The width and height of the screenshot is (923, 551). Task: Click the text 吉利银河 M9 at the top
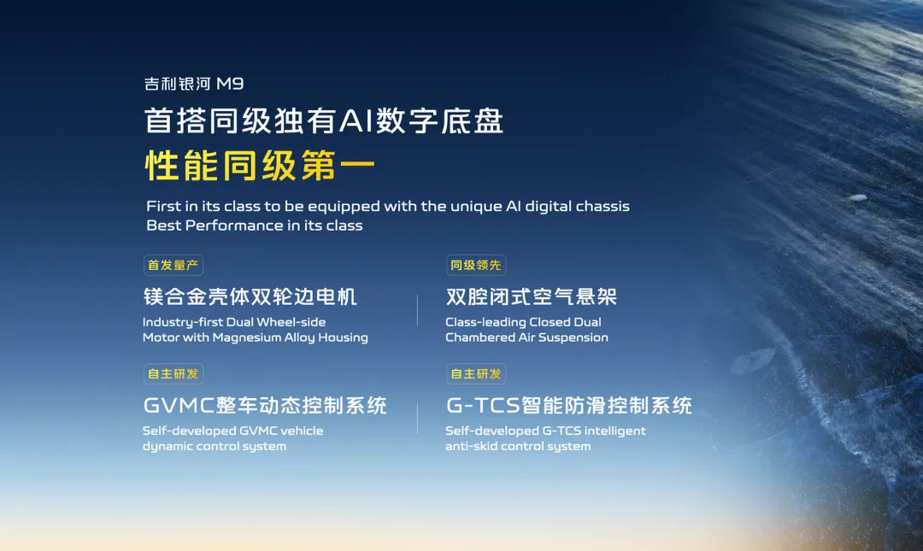tap(194, 84)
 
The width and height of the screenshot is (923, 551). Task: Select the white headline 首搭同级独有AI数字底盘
tap(324, 120)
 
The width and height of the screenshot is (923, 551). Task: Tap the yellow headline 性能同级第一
tap(260, 165)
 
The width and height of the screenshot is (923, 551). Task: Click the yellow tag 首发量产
tap(173, 265)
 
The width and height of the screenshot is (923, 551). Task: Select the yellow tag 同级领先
tap(476, 265)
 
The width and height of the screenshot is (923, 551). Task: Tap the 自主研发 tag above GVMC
tap(173, 374)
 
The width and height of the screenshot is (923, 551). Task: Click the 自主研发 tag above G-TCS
tap(476, 374)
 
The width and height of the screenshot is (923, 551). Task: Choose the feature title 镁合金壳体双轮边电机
tap(250, 296)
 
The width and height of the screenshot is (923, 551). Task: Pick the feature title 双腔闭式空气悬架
tap(532, 296)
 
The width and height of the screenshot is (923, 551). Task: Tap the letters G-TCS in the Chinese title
tap(483, 406)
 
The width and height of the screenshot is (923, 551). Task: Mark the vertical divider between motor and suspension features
tap(417, 310)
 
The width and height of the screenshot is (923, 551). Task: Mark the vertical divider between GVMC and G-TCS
tap(417, 419)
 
